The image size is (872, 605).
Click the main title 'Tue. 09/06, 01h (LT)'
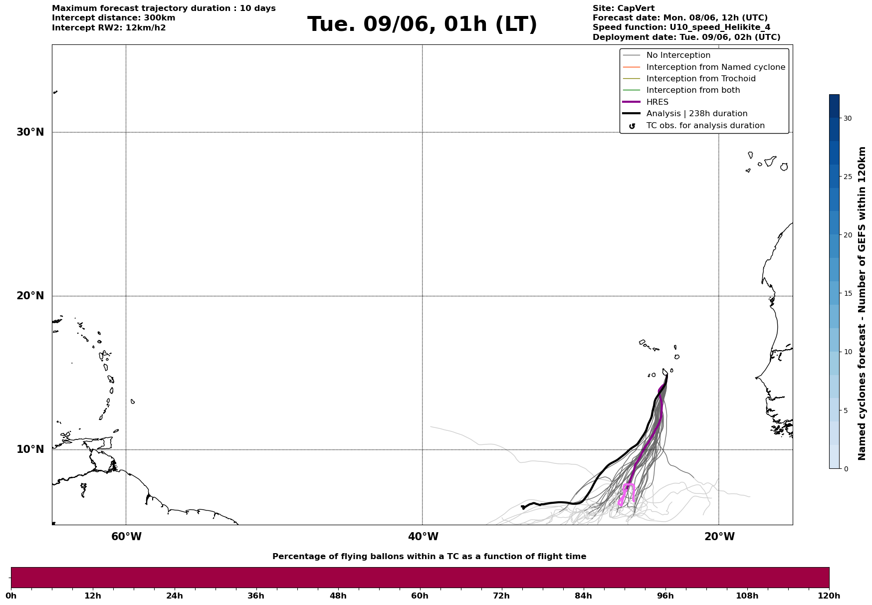point(422,24)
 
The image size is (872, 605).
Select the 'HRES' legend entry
point(657,102)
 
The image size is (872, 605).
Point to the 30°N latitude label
point(30,132)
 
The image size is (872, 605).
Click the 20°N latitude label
point(30,296)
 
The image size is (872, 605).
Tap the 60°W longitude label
point(126,537)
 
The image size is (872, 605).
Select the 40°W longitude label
point(423,537)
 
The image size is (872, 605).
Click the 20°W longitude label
point(719,537)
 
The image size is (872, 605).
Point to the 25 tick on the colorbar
point(848,177)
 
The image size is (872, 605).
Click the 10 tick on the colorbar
point(848,352)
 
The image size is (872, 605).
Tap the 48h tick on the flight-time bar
point(338,596)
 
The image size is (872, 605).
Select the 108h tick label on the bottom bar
point(747,596)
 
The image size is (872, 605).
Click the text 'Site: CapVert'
point(624,8)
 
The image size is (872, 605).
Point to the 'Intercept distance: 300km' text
point(114,18)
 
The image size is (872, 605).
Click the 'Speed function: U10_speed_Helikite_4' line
point(681,27)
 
